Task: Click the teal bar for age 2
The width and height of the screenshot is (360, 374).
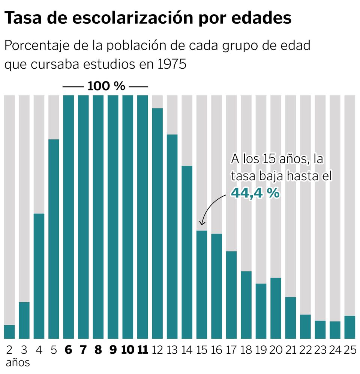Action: [9, 332]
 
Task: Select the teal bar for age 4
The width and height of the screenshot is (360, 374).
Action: [39, 276]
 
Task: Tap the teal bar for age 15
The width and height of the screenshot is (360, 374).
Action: [202, 284]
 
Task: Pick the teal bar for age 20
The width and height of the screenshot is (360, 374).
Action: [276, 308]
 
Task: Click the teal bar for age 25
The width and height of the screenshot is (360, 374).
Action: [349, 327]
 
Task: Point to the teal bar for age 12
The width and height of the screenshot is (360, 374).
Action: [157, 223]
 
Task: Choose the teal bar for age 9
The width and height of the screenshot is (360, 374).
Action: [113, 217]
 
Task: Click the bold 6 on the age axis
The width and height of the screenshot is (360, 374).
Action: [68, 350]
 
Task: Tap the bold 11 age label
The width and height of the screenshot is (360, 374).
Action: [142, 350]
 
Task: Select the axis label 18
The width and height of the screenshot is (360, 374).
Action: [246, 350]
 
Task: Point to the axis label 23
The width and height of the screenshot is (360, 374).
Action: [320, 350]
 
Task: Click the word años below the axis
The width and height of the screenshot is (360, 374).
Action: [18, 363]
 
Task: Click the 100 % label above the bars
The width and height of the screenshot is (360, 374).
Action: [106, 86]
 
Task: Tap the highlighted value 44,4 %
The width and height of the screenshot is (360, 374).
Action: [255, 193]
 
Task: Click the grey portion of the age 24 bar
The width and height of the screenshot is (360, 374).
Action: [335, 207]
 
